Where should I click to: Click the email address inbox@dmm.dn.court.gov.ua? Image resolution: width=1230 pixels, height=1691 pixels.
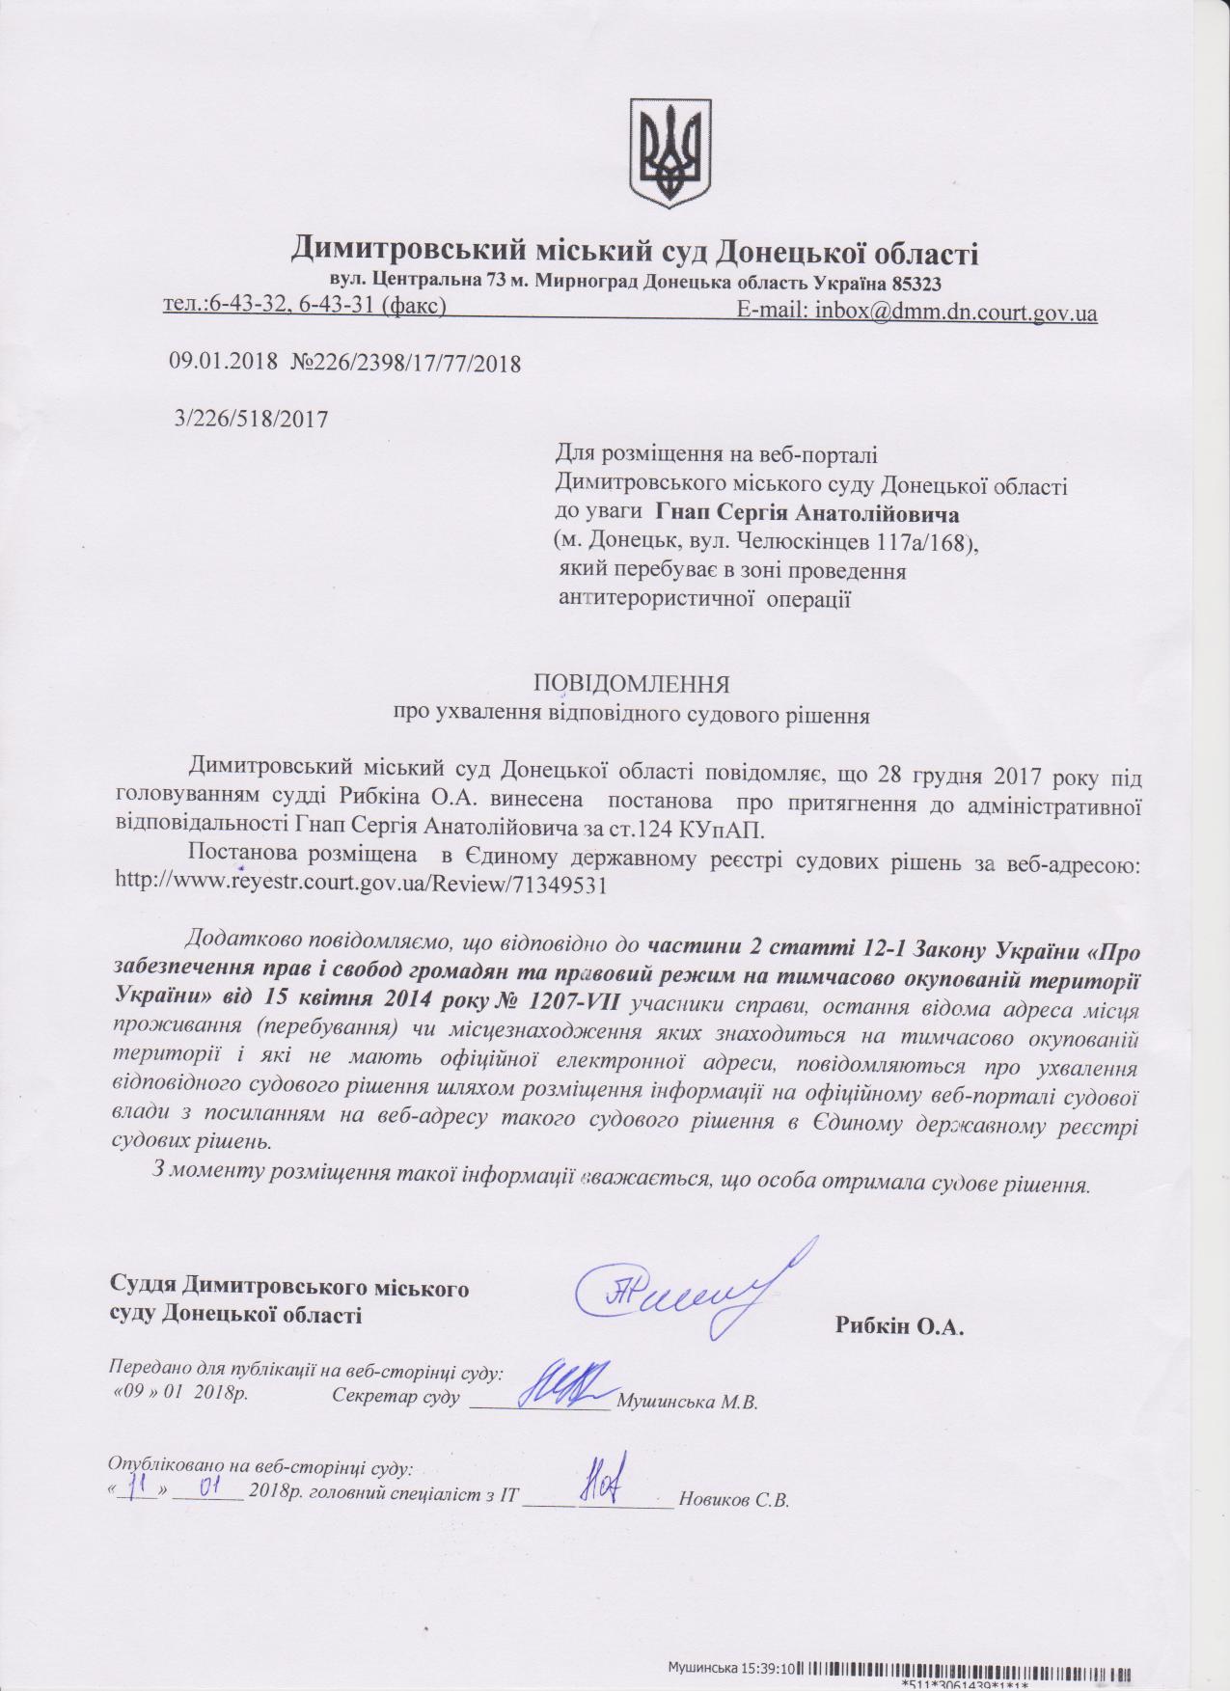pyautogui.click(x=955, y=312)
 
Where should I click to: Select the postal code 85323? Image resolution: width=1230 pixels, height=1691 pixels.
pyautogui.click(x=913, y=284)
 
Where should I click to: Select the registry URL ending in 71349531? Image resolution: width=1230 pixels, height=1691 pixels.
pyautogui.click(x=361, y=885)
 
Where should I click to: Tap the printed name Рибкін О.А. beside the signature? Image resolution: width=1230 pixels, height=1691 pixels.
pyautogui.click(x=899, y=1326)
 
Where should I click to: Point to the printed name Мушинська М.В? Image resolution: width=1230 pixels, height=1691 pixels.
pyautogui.click(x=686, y=1403)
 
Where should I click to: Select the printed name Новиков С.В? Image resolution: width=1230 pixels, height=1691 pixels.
pyautogui.click(x=734, y=1500)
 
